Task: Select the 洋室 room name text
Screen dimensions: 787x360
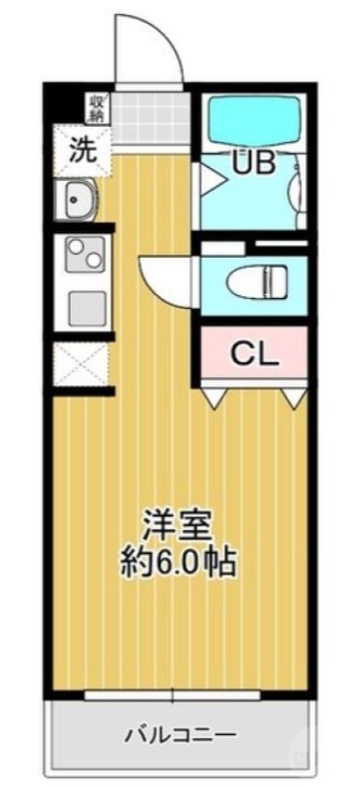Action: tap(178, 523)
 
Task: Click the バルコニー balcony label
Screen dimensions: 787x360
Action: tap(180, 734)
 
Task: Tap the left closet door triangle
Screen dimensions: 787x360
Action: tap(215, 396)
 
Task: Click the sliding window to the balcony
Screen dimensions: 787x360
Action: tap(177, 696)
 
